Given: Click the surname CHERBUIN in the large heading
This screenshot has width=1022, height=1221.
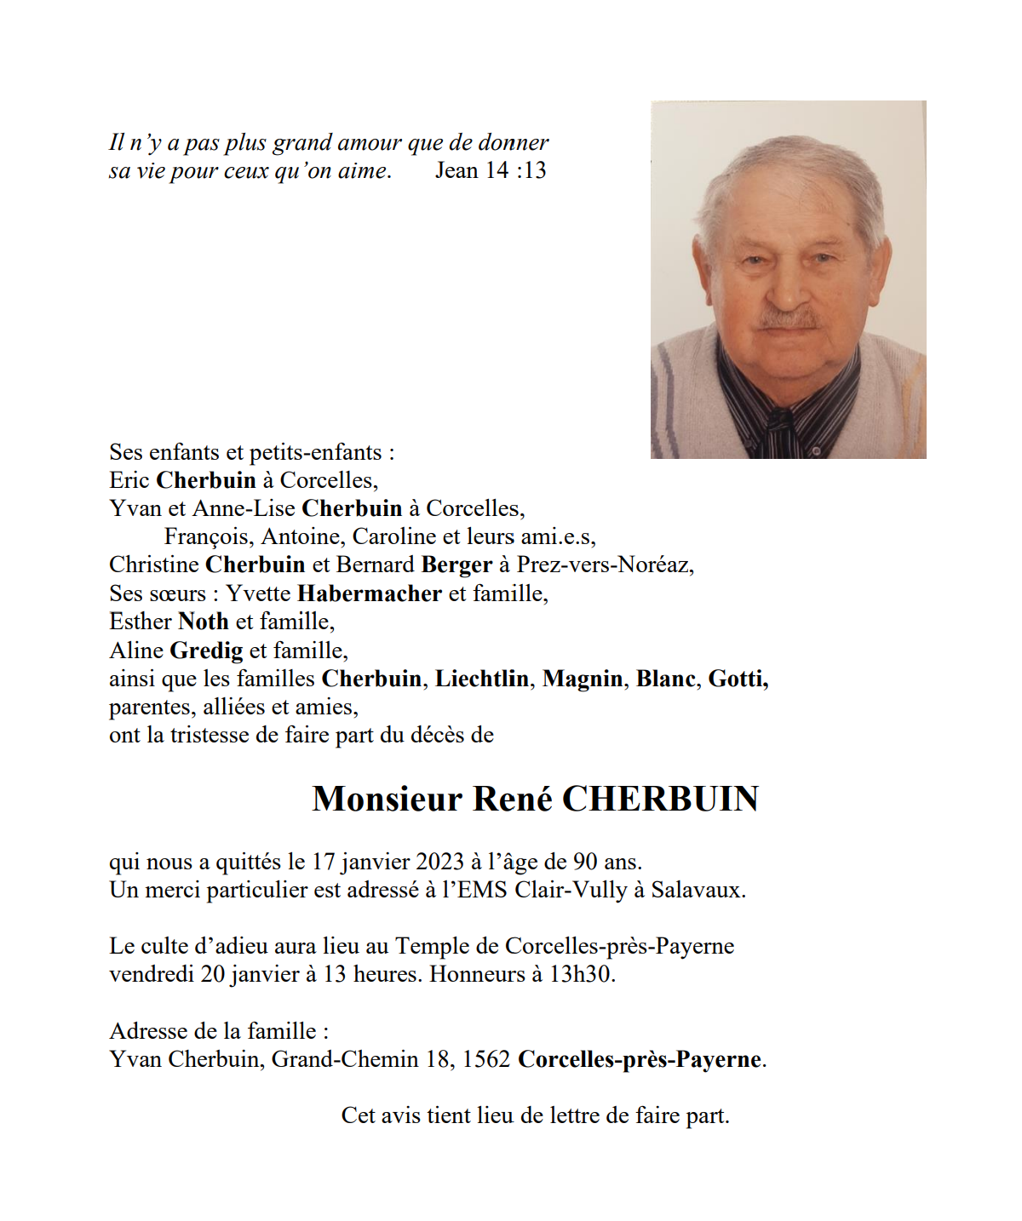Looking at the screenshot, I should coord(660,799).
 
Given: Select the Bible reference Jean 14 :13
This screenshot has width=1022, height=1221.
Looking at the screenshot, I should coord(491,170).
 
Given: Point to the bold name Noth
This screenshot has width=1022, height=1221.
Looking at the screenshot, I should coord(204,622).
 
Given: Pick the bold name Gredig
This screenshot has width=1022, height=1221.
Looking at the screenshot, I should coord(207,651).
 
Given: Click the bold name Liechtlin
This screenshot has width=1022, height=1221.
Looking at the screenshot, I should coord(482,679).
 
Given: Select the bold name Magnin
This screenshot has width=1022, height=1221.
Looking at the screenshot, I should coord(583,679).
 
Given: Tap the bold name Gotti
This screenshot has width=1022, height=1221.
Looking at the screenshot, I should coord(738,679).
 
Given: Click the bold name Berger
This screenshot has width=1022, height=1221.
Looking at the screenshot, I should coord(456,565).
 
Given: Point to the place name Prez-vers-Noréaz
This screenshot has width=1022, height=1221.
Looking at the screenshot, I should coord(605,565).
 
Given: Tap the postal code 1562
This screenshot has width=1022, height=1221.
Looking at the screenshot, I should coord(485,1059).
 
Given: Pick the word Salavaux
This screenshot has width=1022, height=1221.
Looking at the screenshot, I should coord(698,890).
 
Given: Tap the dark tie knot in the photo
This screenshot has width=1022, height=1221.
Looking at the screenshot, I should coord(778,420).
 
